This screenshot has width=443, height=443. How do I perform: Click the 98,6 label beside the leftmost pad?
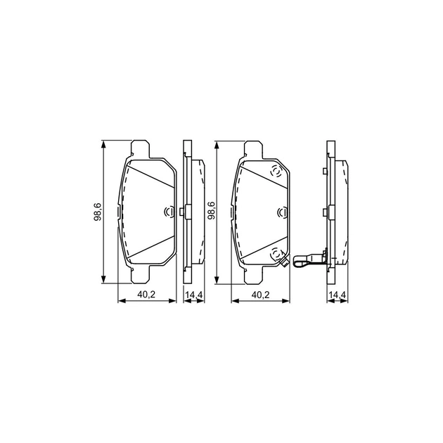coord(98,212)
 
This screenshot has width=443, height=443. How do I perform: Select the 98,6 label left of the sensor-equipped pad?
coord(212,212)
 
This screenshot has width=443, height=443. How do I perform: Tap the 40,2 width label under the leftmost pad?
coord(146,295)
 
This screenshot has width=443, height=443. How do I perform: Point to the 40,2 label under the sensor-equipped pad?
coord(260,295)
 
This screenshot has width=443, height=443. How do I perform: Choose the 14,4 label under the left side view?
coord(194,295)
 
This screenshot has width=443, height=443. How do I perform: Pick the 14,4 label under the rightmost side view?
coord(338,295)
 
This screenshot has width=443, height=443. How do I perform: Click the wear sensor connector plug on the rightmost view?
coord(302,260)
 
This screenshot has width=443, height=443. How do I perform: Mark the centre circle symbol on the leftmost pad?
coord(169,212)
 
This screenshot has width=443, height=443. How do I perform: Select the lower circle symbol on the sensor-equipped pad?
coord(276,255)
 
